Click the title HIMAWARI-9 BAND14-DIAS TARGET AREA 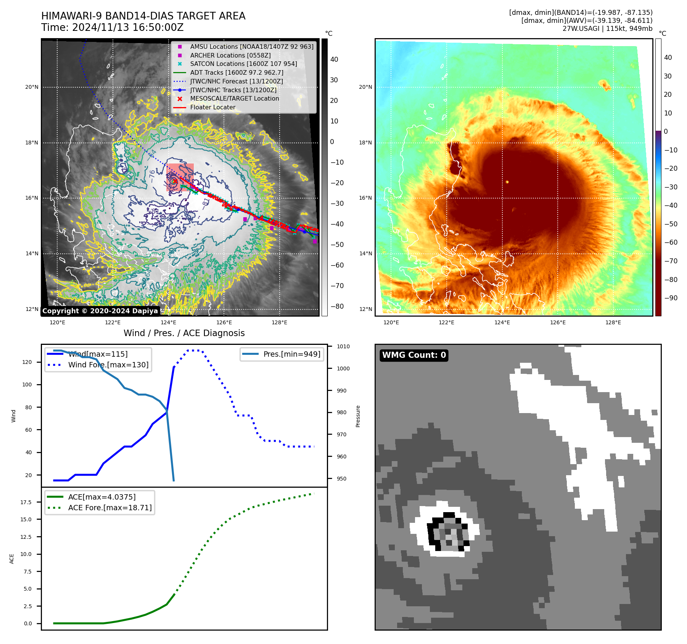[143, 16]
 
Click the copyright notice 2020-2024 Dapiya [100, 311]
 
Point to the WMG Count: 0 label [414, 355]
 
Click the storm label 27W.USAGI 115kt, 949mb [607, 29]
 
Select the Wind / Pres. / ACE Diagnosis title [184, 333]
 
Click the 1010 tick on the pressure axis [343, 346]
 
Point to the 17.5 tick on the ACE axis [26, 502]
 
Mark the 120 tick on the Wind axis [27, 362]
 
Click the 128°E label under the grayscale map [279, 322]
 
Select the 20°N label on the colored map [365, 87]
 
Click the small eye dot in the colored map [507, 182]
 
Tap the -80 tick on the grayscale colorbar [337, 306]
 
